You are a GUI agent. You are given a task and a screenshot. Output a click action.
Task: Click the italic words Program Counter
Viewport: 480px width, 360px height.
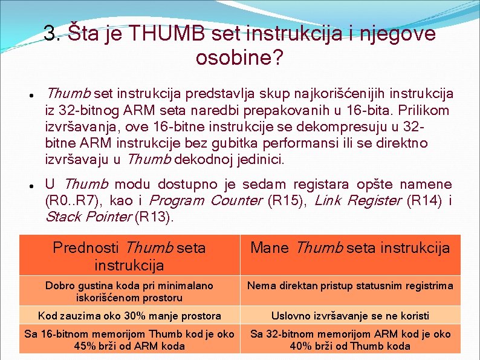coord(205,200)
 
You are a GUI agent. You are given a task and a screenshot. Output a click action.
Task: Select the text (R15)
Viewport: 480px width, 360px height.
coord(286,200)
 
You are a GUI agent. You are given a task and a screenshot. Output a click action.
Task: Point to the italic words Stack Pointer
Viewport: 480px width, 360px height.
coord(88,217)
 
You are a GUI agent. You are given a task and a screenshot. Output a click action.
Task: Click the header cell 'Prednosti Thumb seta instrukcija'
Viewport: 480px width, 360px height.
coord(129,256)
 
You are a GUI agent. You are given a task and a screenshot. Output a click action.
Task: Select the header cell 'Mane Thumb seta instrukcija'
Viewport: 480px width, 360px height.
coord(350,248)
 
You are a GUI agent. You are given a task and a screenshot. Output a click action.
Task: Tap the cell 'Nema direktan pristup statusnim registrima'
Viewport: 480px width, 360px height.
coord(350,285)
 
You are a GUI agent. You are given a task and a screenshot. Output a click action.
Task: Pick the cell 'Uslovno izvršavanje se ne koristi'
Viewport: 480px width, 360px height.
coord(350,315)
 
